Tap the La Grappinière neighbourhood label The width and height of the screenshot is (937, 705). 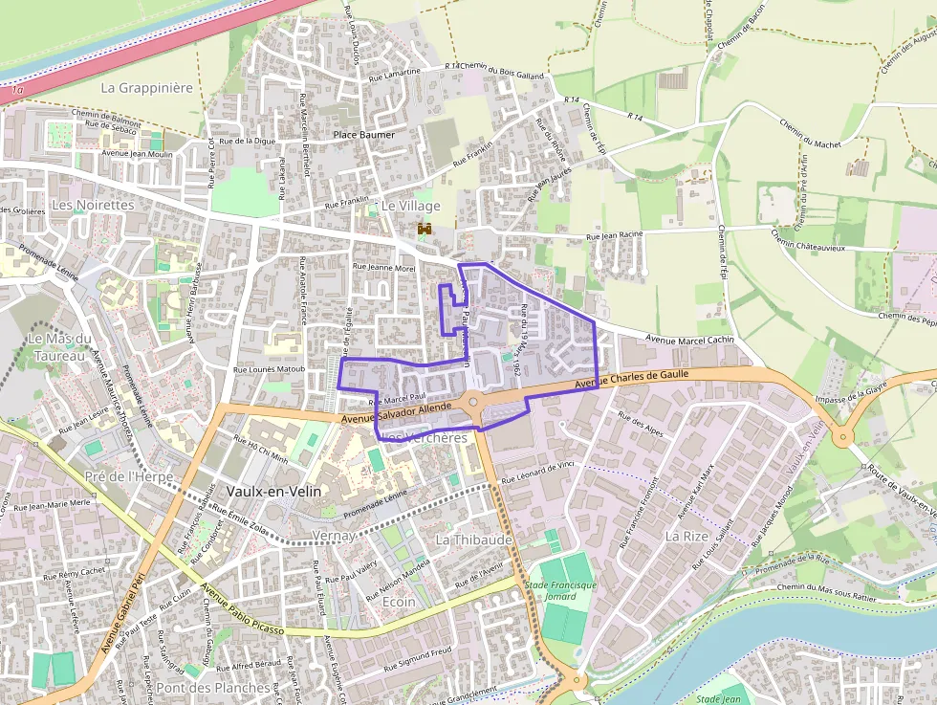point(147,87)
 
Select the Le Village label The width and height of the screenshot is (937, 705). point(411,206)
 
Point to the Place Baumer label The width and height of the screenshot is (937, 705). point(363,135)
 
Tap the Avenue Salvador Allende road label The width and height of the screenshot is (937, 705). point(396,411)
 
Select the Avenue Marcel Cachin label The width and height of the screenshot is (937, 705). point(689,339)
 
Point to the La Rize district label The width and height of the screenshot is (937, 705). point(686,537)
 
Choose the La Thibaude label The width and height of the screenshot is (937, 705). point(474,540)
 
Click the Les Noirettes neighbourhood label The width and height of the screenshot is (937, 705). point(93,205)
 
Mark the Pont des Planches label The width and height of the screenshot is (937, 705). point(212,688)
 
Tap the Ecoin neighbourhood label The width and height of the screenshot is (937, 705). point(399,603)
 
